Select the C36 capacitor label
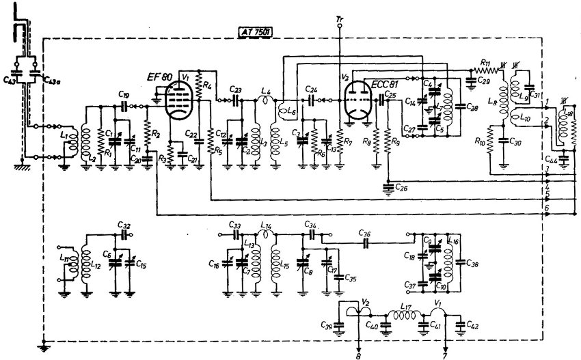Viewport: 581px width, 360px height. coord(366,232)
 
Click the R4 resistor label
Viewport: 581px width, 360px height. coord(208,85)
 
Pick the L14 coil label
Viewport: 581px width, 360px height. coord(267,225)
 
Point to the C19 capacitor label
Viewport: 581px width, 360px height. coord(123,95)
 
